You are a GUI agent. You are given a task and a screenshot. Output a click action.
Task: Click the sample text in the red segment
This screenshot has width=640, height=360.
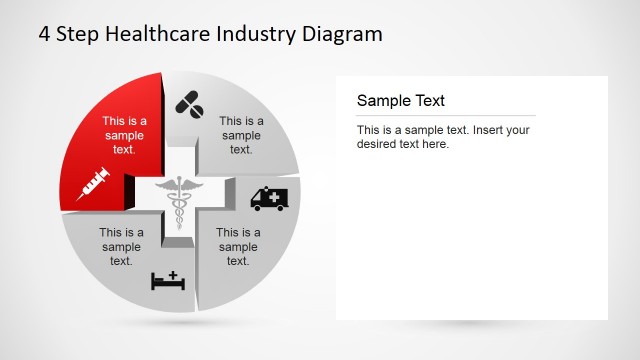(x=125, y=136)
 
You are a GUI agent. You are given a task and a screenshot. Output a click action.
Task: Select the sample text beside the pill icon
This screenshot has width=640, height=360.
(x=241, y=136)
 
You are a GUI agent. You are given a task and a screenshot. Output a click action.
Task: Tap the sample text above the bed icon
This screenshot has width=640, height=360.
(x=122, y=247)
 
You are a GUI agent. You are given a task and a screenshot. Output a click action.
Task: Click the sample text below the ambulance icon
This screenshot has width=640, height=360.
(x=238, y=247)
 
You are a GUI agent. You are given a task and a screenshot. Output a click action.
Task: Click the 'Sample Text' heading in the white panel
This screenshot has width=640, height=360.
(x=400, y=101)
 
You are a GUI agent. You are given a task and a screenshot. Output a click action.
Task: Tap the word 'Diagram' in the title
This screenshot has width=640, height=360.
(x=343, y=34)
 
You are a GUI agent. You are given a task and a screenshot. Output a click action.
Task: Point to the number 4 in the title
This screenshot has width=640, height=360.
(x=45, y=34)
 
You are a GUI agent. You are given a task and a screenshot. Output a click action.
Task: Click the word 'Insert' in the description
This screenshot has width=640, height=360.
(x=493, y=130)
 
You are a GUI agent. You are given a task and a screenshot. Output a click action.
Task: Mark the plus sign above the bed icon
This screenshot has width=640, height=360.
(x=172, y=273)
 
